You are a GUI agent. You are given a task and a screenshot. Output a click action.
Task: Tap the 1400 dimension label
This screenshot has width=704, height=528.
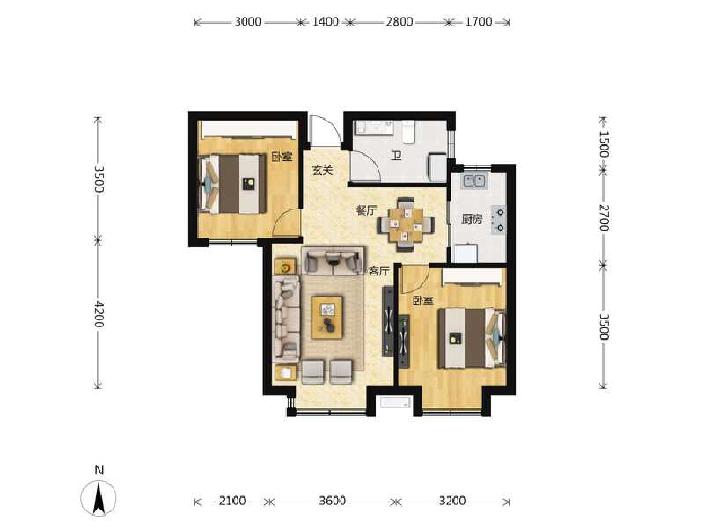point(326,22)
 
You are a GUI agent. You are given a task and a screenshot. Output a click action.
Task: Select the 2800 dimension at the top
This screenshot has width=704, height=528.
point(399,22)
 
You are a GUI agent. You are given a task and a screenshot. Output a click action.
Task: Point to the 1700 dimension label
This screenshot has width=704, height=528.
point(478,22)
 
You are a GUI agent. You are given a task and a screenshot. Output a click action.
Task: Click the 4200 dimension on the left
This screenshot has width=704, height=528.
point(99,314)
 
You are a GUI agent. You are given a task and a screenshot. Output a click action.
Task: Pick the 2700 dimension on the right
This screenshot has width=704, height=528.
point(603,217)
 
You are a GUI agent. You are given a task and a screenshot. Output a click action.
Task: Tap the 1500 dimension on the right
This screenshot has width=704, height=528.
point(603,143)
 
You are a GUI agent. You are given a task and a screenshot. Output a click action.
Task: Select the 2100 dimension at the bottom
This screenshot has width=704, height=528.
point(232,501)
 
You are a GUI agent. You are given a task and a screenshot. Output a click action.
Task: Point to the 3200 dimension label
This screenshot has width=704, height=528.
point(451,501)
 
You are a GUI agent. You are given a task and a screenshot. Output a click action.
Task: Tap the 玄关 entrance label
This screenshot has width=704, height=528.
point(322,171)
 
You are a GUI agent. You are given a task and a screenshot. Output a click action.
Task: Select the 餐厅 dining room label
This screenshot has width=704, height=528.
point(366,211)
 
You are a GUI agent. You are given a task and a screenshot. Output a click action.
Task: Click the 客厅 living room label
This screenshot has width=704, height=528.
point(378,272)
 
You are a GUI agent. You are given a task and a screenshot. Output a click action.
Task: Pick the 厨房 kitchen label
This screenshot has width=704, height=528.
point(472,219)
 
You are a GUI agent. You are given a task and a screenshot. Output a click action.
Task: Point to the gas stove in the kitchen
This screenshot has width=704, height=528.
point(499,219)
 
